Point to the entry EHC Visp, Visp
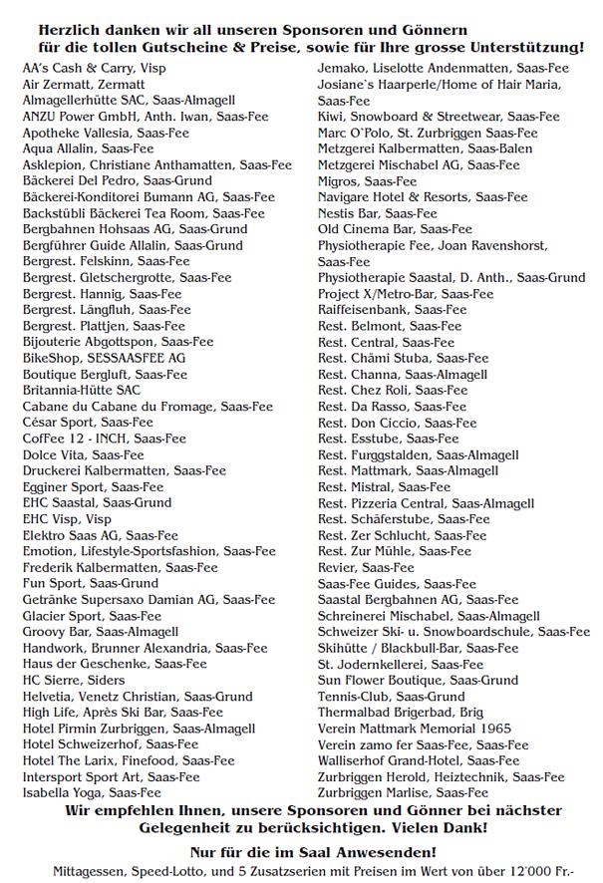coord(67,519)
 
